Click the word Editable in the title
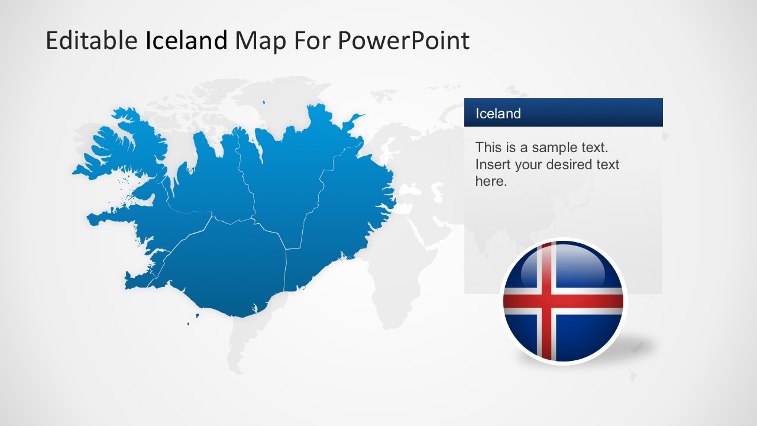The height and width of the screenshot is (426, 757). [x=92, y=40]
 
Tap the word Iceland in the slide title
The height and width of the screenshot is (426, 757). [x=186, y=40]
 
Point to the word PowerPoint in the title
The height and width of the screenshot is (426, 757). [x=403, y=40]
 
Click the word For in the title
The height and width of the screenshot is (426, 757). [x=312, y=41]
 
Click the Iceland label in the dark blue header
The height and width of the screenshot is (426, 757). [x=498, y=114]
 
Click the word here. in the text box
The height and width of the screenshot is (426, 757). [x=491, y=182]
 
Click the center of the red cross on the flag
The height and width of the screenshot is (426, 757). [x=546, y=301]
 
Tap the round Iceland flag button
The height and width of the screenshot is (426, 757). [x=564, y=301]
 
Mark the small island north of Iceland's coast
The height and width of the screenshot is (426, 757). [x=264, y=102]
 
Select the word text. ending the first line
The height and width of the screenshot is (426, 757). [x=595, y=148]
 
